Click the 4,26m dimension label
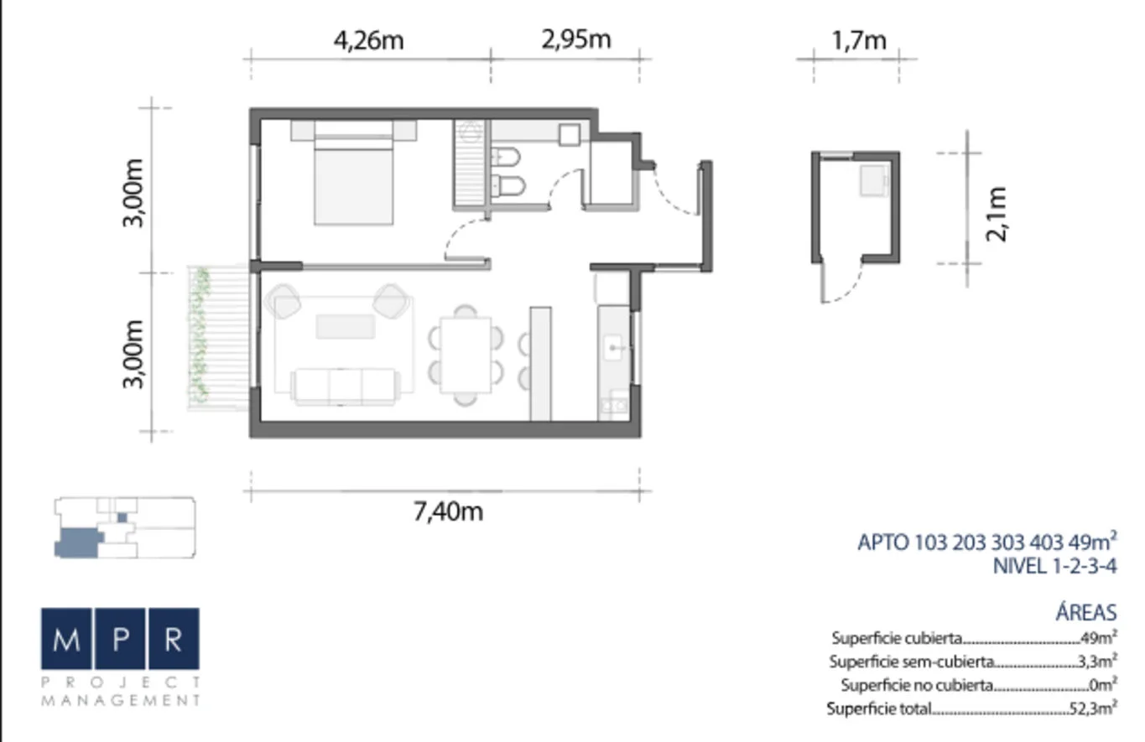tap(368, 40)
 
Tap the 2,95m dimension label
tap(576, 39)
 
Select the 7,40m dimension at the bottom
tap(448, 511)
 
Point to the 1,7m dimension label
tap(859, 40)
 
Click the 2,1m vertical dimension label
tap(997, 214)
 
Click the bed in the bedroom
tap(354, 172)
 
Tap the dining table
tap(466, 355)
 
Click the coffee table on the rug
tap(346, 326)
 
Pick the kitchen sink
tap(613, 347)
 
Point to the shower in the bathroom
tap(470, 163)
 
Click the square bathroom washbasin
tap(569, 135)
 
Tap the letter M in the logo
tap(66, 639)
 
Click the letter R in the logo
tap(174, 639)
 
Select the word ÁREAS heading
tap(1086, 612)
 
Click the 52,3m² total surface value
tap(1093, 708)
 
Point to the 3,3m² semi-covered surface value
tap(1097, 662)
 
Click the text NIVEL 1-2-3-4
tap(1054, 566)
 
